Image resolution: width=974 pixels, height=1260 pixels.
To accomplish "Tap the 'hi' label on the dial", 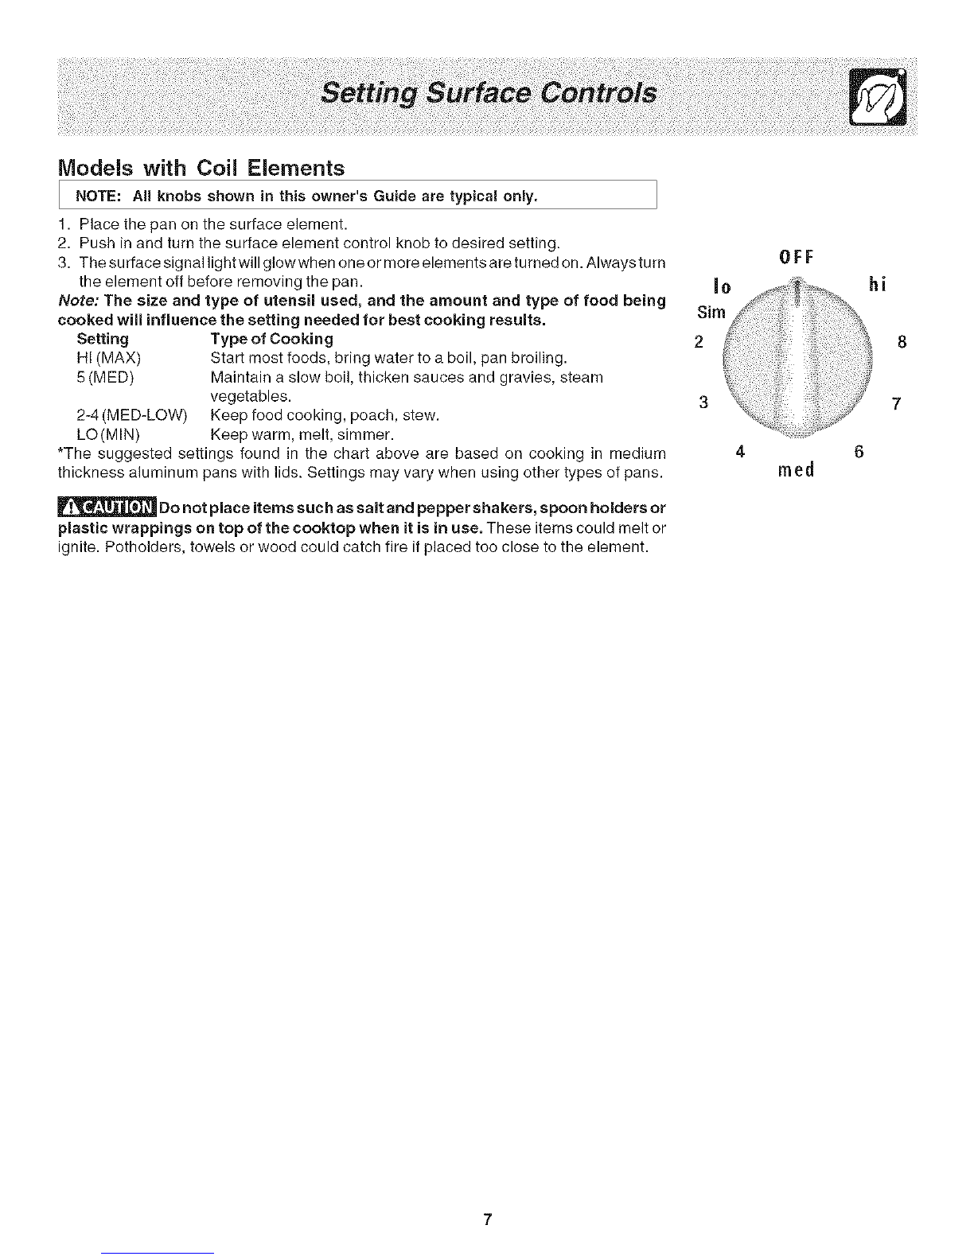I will click(x=877, y=285).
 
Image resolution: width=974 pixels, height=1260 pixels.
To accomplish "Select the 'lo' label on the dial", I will click(x=722, y=286).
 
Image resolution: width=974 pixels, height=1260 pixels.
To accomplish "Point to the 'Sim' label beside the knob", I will click(x=711, y=312).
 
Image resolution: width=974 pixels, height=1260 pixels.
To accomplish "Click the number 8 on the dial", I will click(x=902, y=343).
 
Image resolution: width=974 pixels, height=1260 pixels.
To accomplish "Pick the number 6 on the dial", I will click(x=859, y=452).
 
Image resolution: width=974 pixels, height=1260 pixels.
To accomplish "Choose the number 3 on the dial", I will click(x=703, y=402).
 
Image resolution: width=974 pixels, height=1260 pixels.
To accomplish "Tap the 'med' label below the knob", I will click(x=796, y=469).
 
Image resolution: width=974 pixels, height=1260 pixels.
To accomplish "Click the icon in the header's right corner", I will click(x=879, y=98).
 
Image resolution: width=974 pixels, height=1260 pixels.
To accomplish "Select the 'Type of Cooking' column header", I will click(x=271, y=339).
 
